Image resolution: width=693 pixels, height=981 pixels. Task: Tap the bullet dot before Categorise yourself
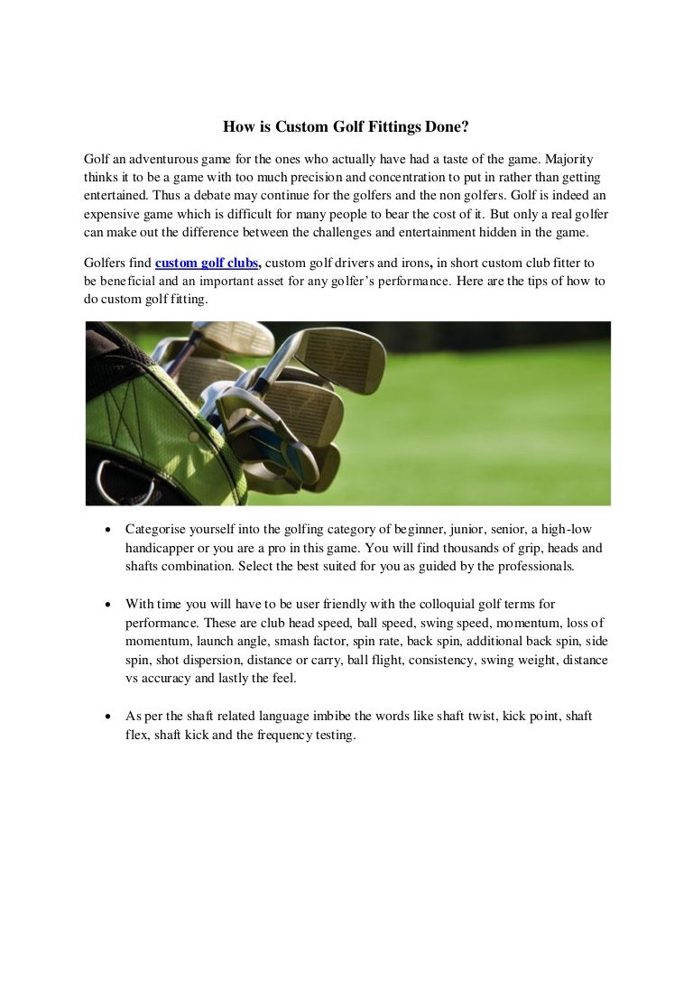tap(108, 530)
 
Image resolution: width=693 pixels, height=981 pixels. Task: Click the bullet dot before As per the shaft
tap(108, 717)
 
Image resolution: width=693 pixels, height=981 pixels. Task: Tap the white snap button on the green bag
tap(193, 437)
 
